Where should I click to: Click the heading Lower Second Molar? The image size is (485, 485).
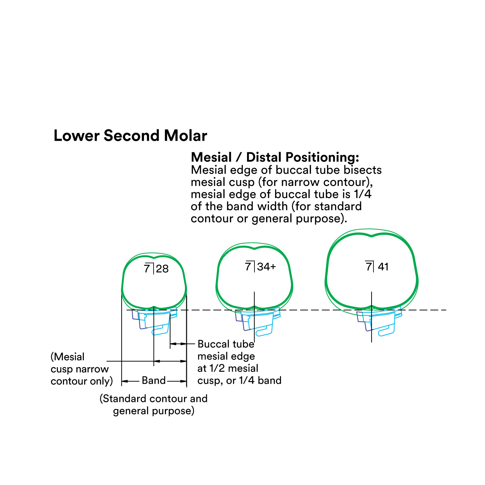pos(130,136)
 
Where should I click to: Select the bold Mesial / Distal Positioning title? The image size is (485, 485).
pos(275,157)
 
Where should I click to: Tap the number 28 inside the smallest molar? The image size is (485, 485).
pos(162,269)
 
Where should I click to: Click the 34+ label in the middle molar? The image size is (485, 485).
pos(267,267)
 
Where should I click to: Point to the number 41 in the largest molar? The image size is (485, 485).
pos(383,267)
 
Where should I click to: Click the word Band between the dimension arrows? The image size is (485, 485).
pos(154,381)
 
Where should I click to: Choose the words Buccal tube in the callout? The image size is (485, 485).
pos(226,344)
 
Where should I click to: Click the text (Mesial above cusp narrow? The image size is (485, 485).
pos(68,357)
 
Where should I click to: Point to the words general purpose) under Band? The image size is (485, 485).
pos(154,411)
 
